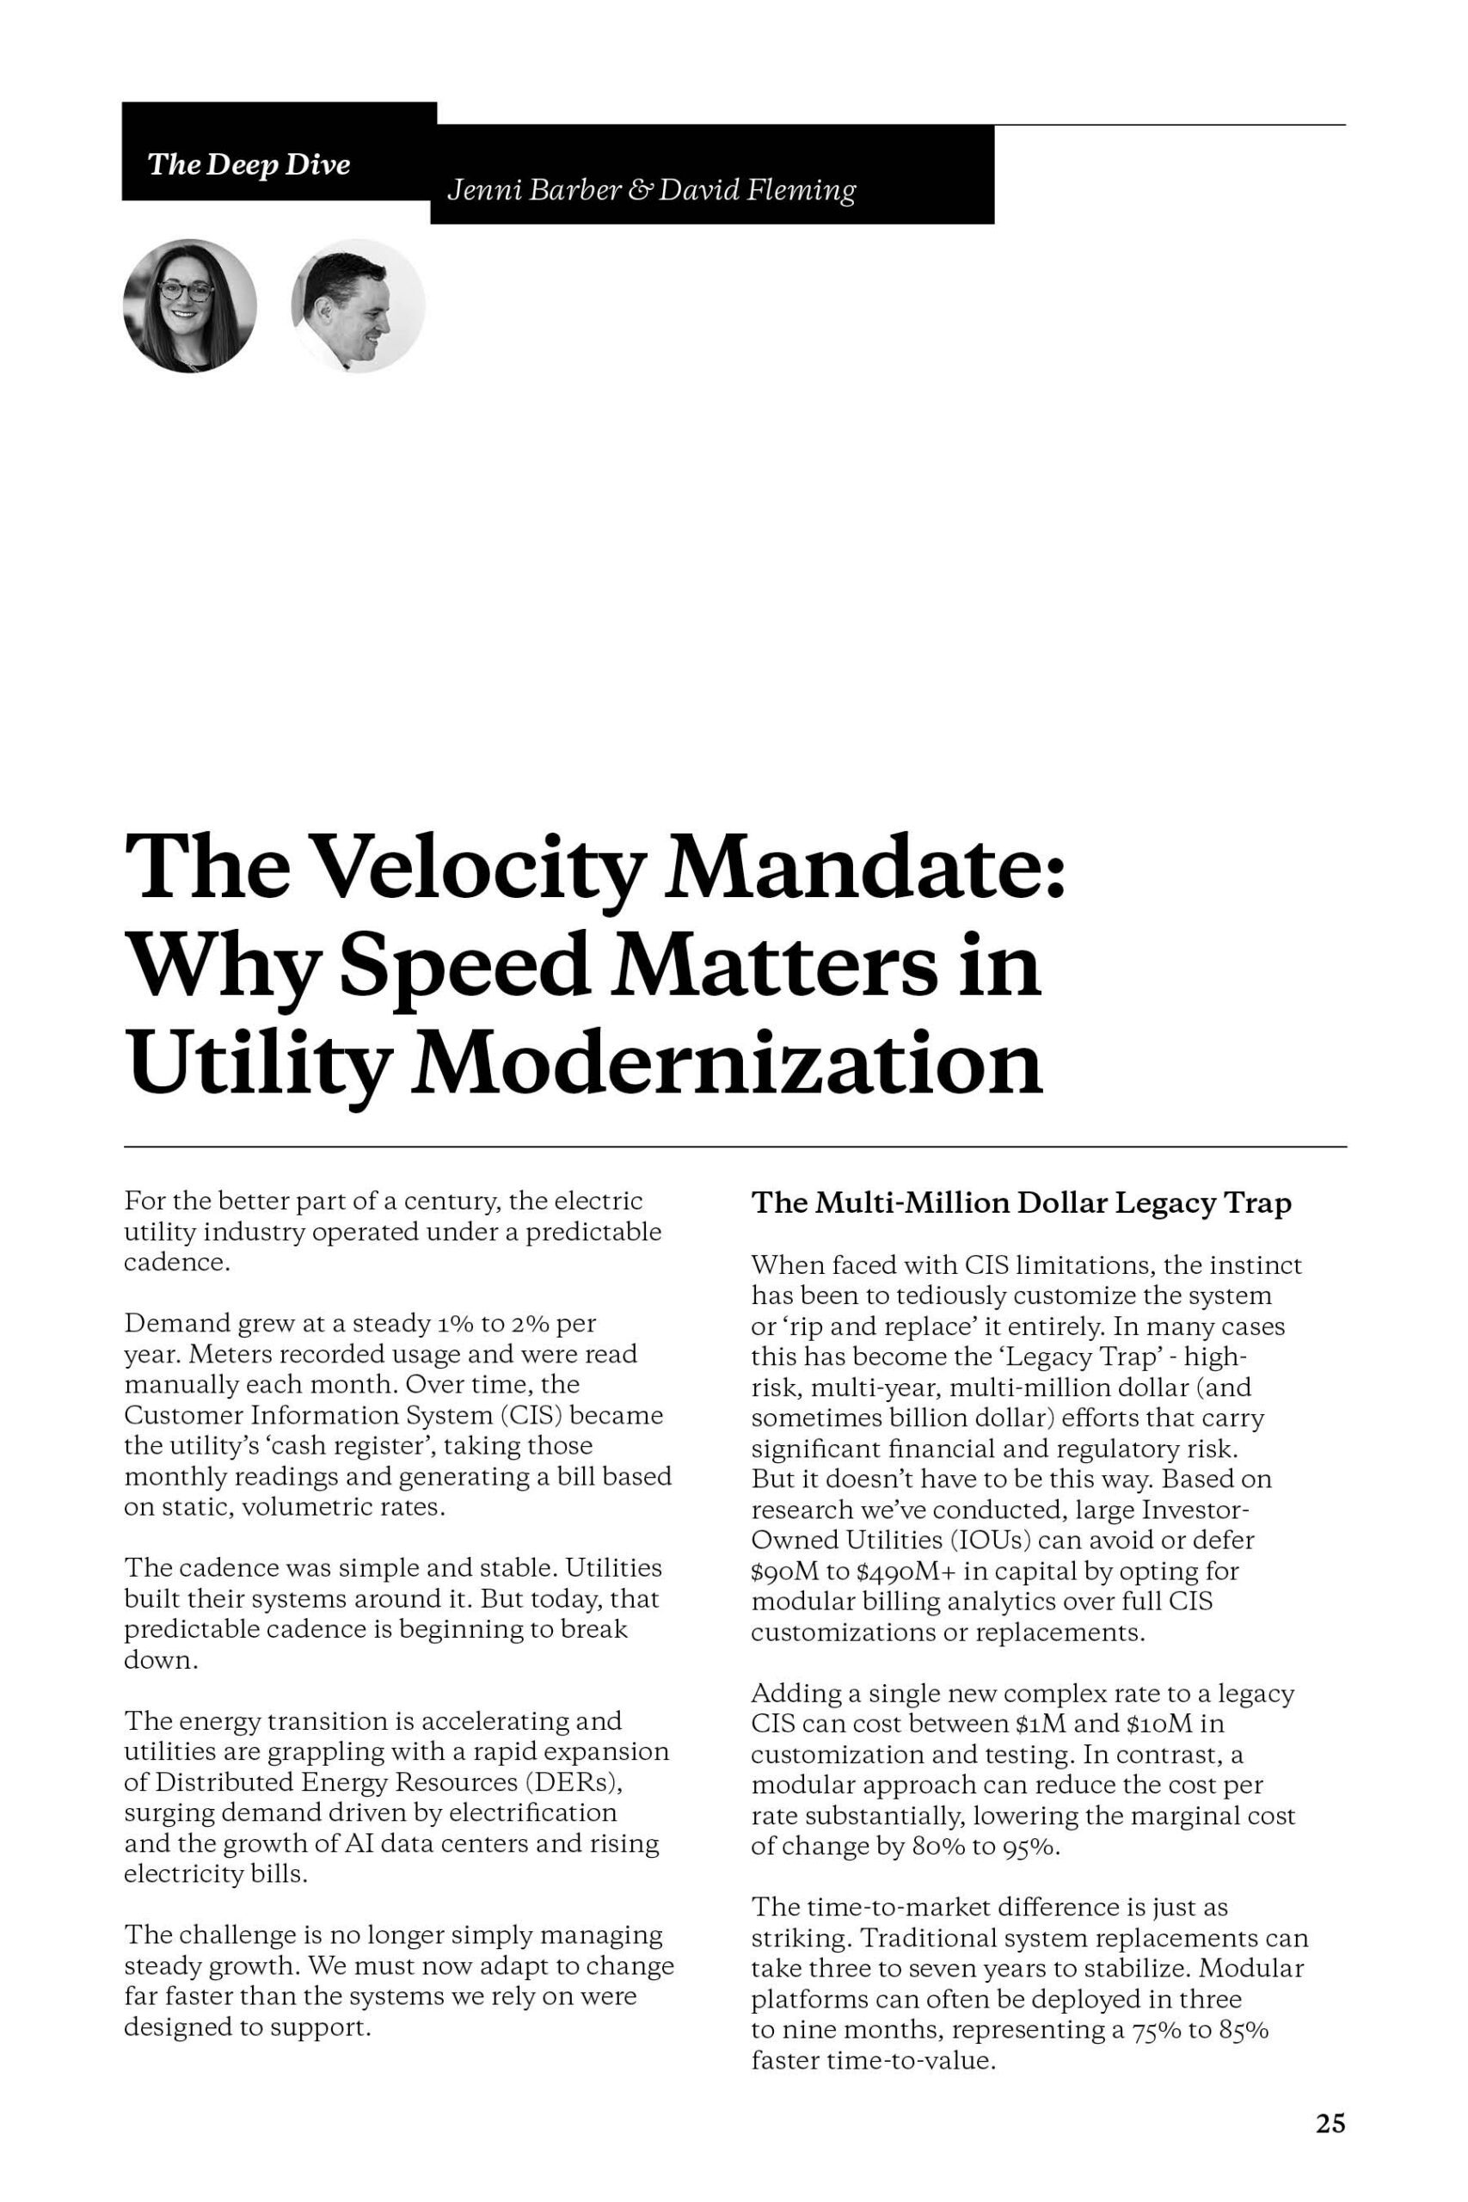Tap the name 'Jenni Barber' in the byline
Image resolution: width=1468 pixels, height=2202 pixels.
point(535,191)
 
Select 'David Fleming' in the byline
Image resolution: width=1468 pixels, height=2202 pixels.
point(757,191)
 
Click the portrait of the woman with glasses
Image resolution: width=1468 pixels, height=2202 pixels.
point(190,305)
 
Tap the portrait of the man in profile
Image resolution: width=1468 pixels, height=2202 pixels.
point(359,305)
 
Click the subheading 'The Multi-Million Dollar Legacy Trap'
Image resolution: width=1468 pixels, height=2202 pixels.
point(1022,1203)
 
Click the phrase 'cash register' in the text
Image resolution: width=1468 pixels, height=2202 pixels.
point(350,1446)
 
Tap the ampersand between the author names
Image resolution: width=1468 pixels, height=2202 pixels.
point(641,191)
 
